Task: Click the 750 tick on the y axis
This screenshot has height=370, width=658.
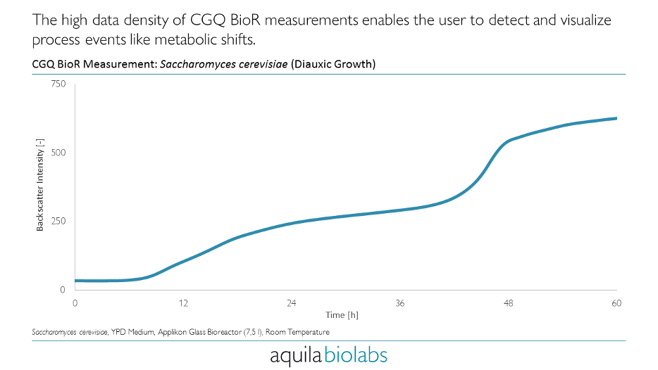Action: pos(58,84)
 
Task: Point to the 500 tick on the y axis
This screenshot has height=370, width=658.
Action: pos(58,153)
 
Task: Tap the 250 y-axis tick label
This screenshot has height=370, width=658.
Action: pos(58,221)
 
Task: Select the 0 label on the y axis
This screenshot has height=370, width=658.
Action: pos(63,289)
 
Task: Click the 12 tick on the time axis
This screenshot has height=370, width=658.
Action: pos(183,303)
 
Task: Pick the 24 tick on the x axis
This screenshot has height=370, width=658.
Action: pos(292,303)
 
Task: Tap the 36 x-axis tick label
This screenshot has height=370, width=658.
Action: pos(400,303)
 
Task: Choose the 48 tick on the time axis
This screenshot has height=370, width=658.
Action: pos(509,303)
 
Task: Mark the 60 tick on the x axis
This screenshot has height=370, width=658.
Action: pos(617,303)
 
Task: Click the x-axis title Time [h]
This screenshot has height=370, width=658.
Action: pos(342,315)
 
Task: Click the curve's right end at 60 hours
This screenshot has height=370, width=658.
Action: pos(616,118)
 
